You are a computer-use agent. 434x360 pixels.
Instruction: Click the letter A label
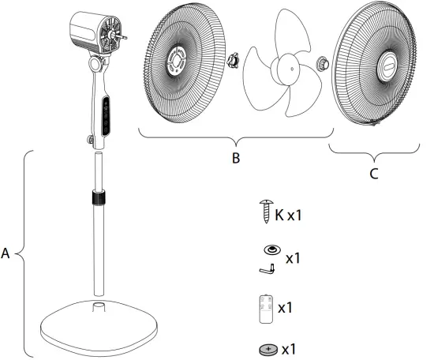tap(6, 254)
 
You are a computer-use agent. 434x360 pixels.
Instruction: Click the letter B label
tap(235, 158)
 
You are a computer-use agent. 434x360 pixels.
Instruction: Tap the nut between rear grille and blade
tap(234, 60)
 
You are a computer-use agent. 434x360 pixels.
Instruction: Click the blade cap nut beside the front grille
tap(322, 62)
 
